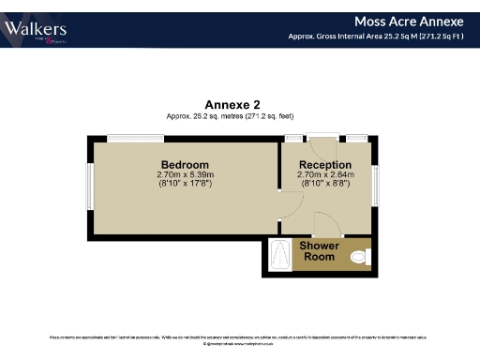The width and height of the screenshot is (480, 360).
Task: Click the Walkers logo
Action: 35,30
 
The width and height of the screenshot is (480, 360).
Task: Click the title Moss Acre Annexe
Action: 409,21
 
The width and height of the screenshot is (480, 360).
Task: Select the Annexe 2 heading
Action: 232,104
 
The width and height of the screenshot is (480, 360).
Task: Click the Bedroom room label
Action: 185,165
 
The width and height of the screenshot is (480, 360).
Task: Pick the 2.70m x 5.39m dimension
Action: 185,174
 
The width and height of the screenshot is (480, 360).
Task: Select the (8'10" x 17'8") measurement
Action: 185,184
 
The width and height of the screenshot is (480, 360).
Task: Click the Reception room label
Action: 324,165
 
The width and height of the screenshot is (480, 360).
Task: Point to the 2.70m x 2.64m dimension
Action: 324,174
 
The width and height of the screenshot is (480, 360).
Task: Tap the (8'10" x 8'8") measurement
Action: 324,184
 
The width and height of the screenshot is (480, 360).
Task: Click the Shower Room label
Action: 319,251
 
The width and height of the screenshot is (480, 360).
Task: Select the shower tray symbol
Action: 280,254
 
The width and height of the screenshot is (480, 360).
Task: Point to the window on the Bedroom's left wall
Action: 90,187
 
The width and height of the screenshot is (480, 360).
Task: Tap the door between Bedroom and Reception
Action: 279,204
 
